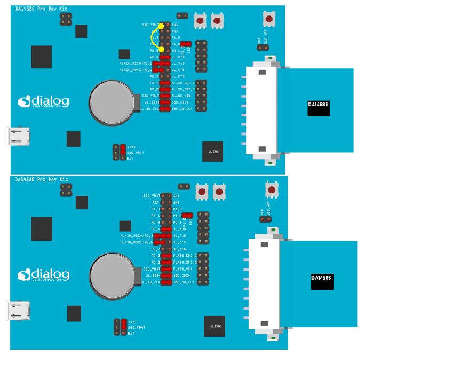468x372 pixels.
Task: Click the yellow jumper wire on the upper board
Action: tap(152, 37)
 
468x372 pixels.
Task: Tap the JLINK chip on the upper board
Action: tap(212, 152)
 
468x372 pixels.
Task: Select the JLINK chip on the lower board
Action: tap(215, 326)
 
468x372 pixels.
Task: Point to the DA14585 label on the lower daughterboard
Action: tap(322, 278)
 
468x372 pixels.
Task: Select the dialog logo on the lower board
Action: tap(44, 275)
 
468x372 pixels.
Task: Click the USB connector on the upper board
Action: tap(19, 136)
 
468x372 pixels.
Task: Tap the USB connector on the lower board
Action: tap(19, 311)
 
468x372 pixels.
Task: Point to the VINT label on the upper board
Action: tap(131, 147)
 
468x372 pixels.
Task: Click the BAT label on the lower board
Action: tap(131, 333)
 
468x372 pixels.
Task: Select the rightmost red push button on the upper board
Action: tap(269, 19)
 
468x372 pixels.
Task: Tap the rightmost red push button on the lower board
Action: tap(272, 189)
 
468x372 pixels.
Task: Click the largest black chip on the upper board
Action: tap(42, 57)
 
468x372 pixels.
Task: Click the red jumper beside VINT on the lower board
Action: tap(123, 326)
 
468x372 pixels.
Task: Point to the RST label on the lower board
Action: tap(156, 203)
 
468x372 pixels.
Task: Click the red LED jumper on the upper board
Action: tap(186, 44)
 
